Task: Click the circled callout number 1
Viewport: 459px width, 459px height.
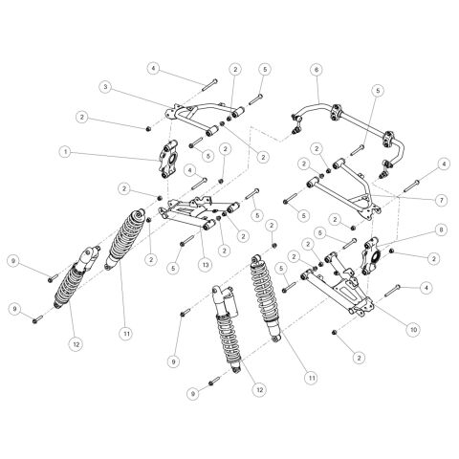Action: point(66,152)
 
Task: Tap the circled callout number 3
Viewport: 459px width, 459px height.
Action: point(105,87)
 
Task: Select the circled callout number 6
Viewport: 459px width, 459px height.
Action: point(317,70)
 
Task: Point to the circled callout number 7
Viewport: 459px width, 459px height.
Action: point(442,200)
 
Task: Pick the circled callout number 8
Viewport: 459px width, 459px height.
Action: point(441,229)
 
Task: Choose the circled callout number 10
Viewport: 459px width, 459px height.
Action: point(413,330)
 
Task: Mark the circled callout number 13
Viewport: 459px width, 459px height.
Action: point(206,264)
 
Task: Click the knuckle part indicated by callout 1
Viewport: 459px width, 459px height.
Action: point(168,159)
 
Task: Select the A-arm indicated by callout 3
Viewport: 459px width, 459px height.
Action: point(204,117)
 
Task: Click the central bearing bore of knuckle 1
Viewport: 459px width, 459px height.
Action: point(172,158)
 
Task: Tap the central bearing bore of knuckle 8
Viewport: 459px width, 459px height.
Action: point(376,256)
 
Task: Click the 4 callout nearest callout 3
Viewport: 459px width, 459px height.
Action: point(154,68)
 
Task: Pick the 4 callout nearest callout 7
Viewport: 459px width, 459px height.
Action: point(444,164)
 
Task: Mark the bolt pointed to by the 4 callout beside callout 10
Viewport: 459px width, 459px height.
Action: point(392,291)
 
